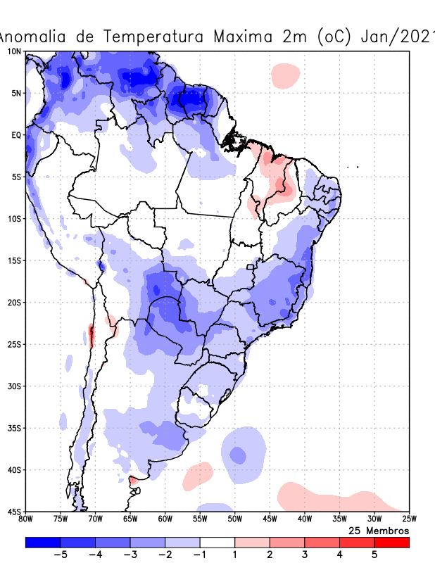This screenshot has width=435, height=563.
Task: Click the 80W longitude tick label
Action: [x=25, y=519]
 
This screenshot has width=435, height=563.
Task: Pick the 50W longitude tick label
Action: [x=234, y=519]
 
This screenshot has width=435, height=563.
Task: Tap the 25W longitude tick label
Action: [x=408, y=519]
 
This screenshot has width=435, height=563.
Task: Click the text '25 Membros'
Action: [x=379, y=530]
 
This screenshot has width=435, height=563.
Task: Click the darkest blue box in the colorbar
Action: [x=43, y=542]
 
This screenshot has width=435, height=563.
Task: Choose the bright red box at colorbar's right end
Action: [x=391, y=542]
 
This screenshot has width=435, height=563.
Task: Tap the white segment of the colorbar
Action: [x=217, y=542]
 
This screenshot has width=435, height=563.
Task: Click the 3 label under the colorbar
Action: [x=305, y=555]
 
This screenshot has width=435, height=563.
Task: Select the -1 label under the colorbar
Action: [x=199, y=555]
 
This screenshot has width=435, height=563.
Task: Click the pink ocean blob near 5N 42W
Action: [x=286, y=75]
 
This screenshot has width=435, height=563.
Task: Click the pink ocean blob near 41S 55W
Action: [x=198, y=476]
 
